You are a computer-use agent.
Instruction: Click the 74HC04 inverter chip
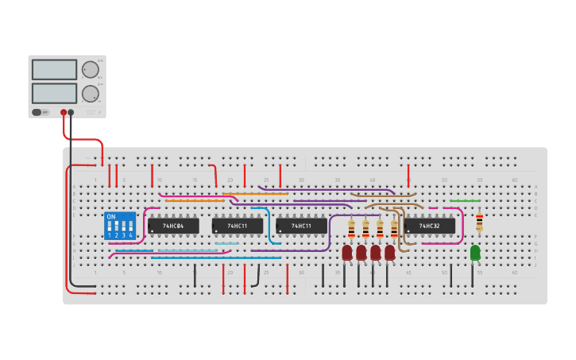pos(173,226)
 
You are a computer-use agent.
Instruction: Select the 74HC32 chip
pos(430,226)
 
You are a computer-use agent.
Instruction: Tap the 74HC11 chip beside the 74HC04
pos(238,226)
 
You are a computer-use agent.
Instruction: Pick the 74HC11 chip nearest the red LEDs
pos(301,226)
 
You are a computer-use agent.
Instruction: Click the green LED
pos(475,252)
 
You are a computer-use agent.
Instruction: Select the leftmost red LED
pos(347,252)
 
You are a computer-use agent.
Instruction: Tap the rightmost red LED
pos(390,252)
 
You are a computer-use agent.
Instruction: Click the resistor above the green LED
pos(479,223)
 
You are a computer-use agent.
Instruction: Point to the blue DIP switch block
pos(120,226)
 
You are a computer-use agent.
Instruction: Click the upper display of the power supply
pos(54,70)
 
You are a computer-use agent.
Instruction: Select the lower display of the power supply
pos(54,93)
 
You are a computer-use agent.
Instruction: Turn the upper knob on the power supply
pos(90,70)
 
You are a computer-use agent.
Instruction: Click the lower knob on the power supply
pos(90,94)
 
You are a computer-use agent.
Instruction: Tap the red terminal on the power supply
pos(64,112)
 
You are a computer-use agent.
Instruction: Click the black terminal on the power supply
pos(72,112)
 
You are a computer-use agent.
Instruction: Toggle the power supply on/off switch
pos(37,112)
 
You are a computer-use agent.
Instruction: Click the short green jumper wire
pos(465,201)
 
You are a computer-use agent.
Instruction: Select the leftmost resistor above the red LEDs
pos(351,229)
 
